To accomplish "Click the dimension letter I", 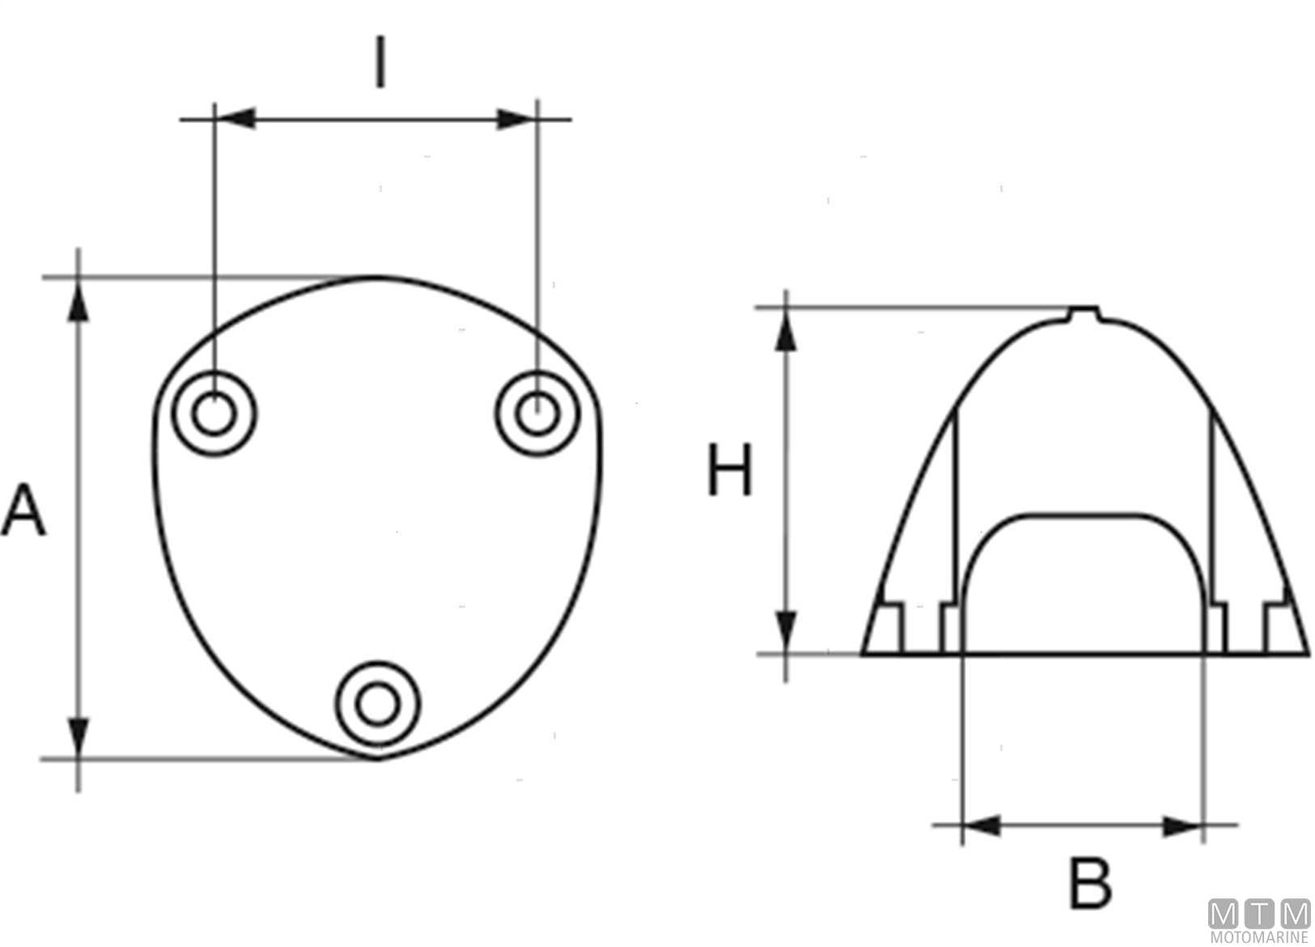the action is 380,62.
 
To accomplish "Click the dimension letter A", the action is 23,510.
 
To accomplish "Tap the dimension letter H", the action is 730,469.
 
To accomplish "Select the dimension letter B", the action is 1091,884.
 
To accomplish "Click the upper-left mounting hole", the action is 214,414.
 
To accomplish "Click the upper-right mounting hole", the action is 537,414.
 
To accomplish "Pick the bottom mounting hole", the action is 377,704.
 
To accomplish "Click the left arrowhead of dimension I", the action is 235,119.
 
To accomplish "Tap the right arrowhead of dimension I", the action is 516,119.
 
